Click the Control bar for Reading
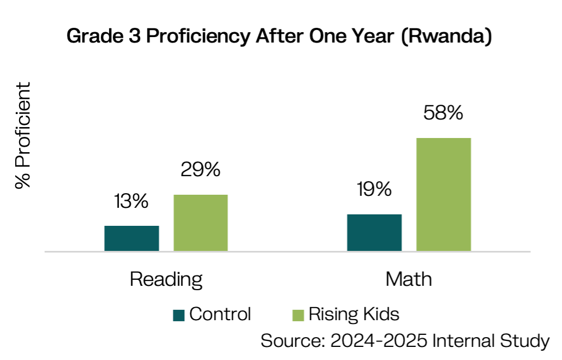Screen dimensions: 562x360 pyautogui.click(x=131, y=238)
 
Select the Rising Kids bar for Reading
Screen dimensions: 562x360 pyautogui.click(x=201, y=223)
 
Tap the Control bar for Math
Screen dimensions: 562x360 pyautogui.click(x=374, y=233)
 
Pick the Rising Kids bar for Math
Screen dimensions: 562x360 pyautogui.click(x=444, y=194)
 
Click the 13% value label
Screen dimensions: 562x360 pyautogui.click(x=131, y=201)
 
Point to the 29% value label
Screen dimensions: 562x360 pyautogui.click(x=201, y=170)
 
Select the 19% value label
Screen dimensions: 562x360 pyautogui.click(x=374, y=189)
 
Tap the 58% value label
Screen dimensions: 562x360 pyautogui.click(x=443, y=113)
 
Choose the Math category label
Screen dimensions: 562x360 pyautogui.click(x=409, y=279)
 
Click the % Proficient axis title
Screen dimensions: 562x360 pyautogui.click(x=23, y=135)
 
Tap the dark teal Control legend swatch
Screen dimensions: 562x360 pyautogui.click(x=178, y=315)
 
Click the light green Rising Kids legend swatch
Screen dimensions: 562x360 pyautogui.click(x=298, y=315)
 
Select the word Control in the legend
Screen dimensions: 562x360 pyautogui.click(x=220, y=314)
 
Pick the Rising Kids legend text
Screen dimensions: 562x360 pyautogui.click(x=354, y=315)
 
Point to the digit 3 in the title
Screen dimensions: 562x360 pyautogui.click(x=135, y=36)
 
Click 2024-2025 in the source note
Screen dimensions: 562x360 pyautogui.click(x=379, y=341)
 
